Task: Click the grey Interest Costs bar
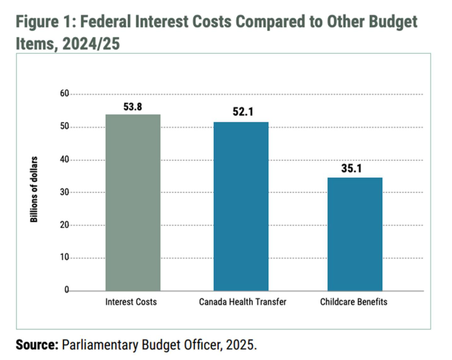[x=133, y=203]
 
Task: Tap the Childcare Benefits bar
[x=355, y=234]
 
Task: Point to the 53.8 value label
[x=133, y=106]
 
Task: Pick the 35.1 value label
[x=355, y=169]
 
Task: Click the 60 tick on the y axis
[x=64, y=94]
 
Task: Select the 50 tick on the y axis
[x=64, y=126]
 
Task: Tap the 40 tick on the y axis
[x=64, y=160]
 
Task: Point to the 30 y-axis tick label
[x=64, y=192]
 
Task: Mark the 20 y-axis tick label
[x=64, y=225]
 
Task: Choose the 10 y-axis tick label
[x=64, y=258]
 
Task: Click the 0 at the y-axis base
[x=66, y=291]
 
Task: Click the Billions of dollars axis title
[x=35, y=188]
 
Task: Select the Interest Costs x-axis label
[x=133, y=302]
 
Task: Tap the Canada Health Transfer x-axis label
[x=241, y=302]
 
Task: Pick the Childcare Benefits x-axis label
[x=355, y=302]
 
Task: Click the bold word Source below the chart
[x=36, y=345]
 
